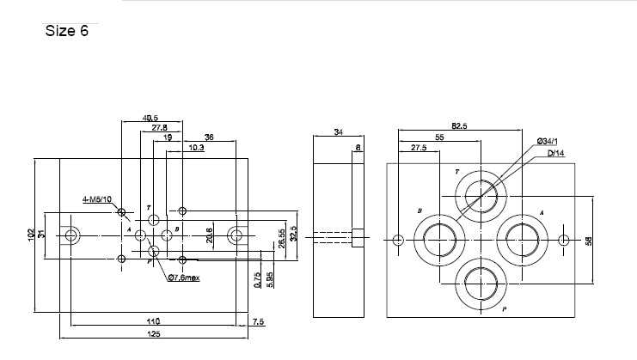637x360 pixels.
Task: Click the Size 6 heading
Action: [66, 33]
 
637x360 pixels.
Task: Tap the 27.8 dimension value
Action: [159, 127]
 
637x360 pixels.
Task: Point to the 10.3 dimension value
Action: [196, 147]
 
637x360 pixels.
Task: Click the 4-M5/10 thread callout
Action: [96, 199]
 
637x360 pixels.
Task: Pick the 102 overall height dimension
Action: [31, 234]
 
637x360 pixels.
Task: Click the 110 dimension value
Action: [153, 321]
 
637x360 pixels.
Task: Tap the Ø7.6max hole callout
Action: [184, 277]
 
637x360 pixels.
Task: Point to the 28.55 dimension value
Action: [281, 236]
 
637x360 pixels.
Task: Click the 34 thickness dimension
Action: [337, 132]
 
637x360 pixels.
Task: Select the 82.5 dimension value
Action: [459, 126]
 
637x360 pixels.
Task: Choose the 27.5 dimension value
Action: [419, 148]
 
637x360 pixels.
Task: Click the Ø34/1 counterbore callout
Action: [548, 140]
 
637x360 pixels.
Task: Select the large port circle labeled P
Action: [479, 285]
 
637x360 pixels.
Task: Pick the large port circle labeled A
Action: [524, 239]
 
